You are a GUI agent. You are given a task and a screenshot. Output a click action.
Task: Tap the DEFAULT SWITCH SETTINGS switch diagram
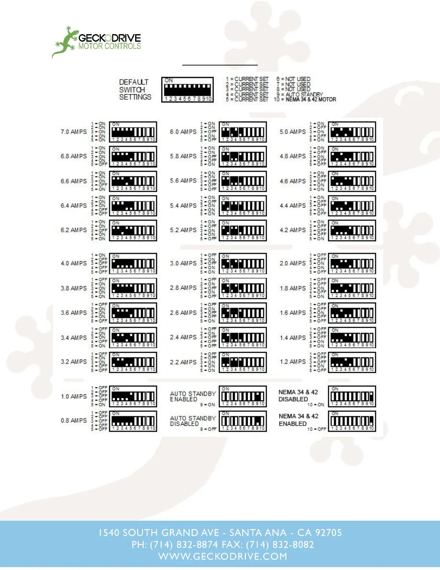(x=187, y=90)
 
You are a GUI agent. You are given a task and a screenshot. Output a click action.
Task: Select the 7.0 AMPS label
(x=74, y=132)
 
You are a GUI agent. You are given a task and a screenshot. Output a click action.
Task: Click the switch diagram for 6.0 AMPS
(x=243, y=132)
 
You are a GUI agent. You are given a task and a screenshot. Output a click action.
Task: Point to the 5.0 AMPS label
(x=293, y=132)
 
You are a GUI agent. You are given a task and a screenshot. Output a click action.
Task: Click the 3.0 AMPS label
(x=183, y=263)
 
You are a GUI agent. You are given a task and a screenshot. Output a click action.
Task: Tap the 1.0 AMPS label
(x=74, y=396)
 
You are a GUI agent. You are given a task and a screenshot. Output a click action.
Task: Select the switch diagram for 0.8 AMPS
(x=133, y=421)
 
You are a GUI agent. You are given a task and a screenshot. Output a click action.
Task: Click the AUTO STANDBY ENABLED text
(x=193, y=397)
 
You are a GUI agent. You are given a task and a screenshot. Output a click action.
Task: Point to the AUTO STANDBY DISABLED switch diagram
(x=243, y=421)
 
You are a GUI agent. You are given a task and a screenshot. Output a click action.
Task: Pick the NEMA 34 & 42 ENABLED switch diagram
(x=352, y=421)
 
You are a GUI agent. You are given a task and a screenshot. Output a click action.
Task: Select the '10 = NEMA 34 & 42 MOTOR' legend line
(x=305, y=99)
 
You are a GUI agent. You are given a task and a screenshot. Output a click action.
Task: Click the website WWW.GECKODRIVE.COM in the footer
(x=223, y=556)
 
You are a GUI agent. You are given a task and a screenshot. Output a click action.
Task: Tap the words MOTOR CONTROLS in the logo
(x=110, y=46)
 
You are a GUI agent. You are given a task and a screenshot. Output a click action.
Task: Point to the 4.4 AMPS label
(x=293, y=205)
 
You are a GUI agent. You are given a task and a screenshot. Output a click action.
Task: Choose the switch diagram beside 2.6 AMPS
(x=243, y=313)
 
